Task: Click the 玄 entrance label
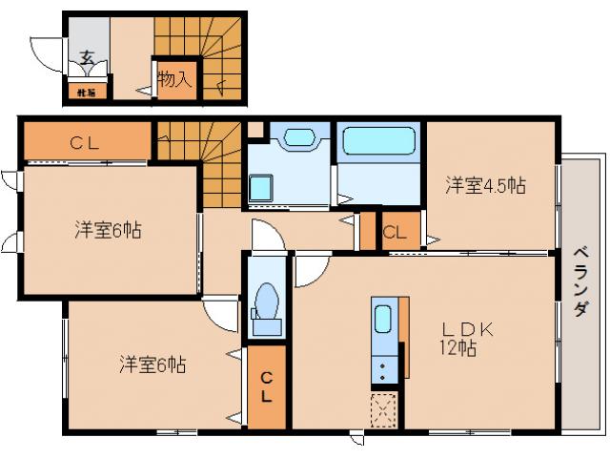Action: [87, 56]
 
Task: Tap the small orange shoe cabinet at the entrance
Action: [85, 93]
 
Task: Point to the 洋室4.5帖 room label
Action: [485, 185]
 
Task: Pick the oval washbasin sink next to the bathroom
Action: [298, 138]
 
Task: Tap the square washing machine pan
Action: [260, 188]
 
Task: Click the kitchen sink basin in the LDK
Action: [383, 319]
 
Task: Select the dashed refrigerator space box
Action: [383, 411]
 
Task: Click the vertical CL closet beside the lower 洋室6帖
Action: [266, 386]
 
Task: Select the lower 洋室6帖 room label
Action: [152, 364]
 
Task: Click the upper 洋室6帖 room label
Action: [109, 229]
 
